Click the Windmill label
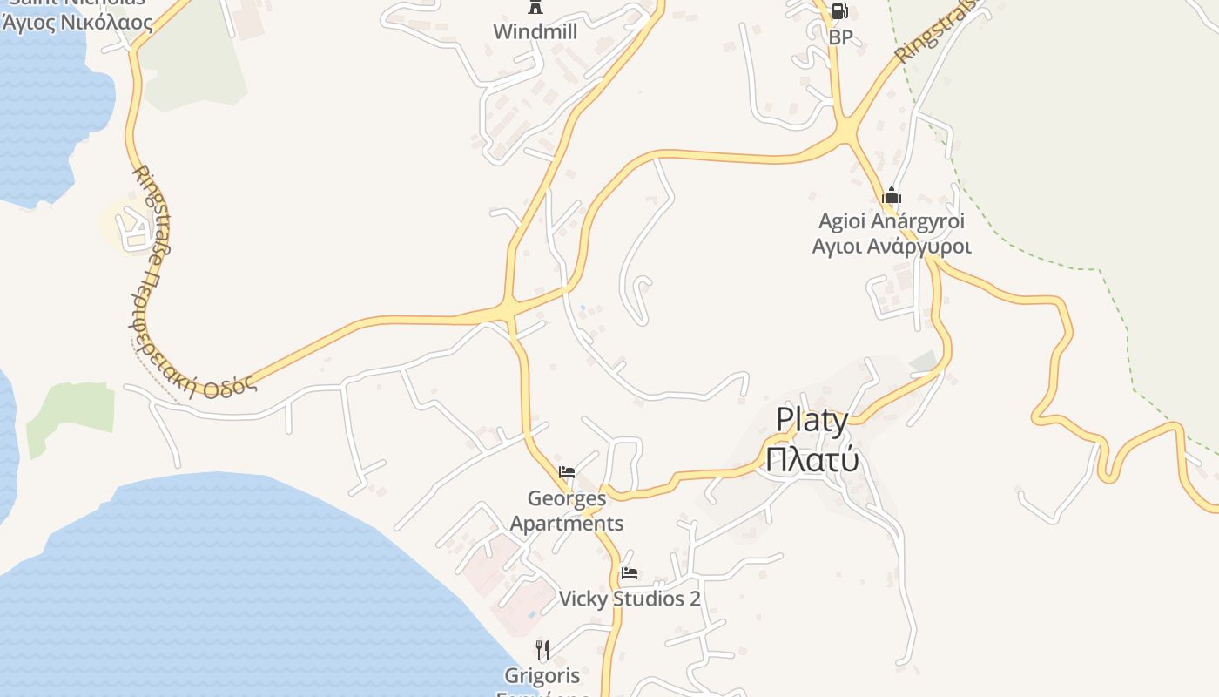pyautogui.click(x=535, y=32)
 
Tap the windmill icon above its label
pyautogui.click(x=535, y=8)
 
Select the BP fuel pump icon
pyautogui.click(x=839, y=11)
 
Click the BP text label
pyautogui.click(x=840, y=37)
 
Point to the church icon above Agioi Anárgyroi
pyautogui.click(x=891, y=196)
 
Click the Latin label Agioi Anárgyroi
pyautogui.click(x=891, y=221)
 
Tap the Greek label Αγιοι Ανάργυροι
pyautogui.click(x=891, y=247)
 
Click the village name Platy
pyautogui.click(x=812, y=421)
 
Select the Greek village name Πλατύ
pyautogui.click(x=812, y=459)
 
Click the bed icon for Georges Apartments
pyautogui.click(x=567, y=473)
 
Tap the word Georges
pyautogui.click(x=567, y=499)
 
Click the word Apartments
pyautogui.click(x=567, y=524)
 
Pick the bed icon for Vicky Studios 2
pyautogui.click(x=630, y=574)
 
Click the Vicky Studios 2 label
pyautogui.click(x=630, y=599)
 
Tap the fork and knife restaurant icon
pyautogui.click(x=542, y=650)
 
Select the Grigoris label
pyautogui.click(x=542, y=675)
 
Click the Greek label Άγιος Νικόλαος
pyautogui.click(x=77, y=24)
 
